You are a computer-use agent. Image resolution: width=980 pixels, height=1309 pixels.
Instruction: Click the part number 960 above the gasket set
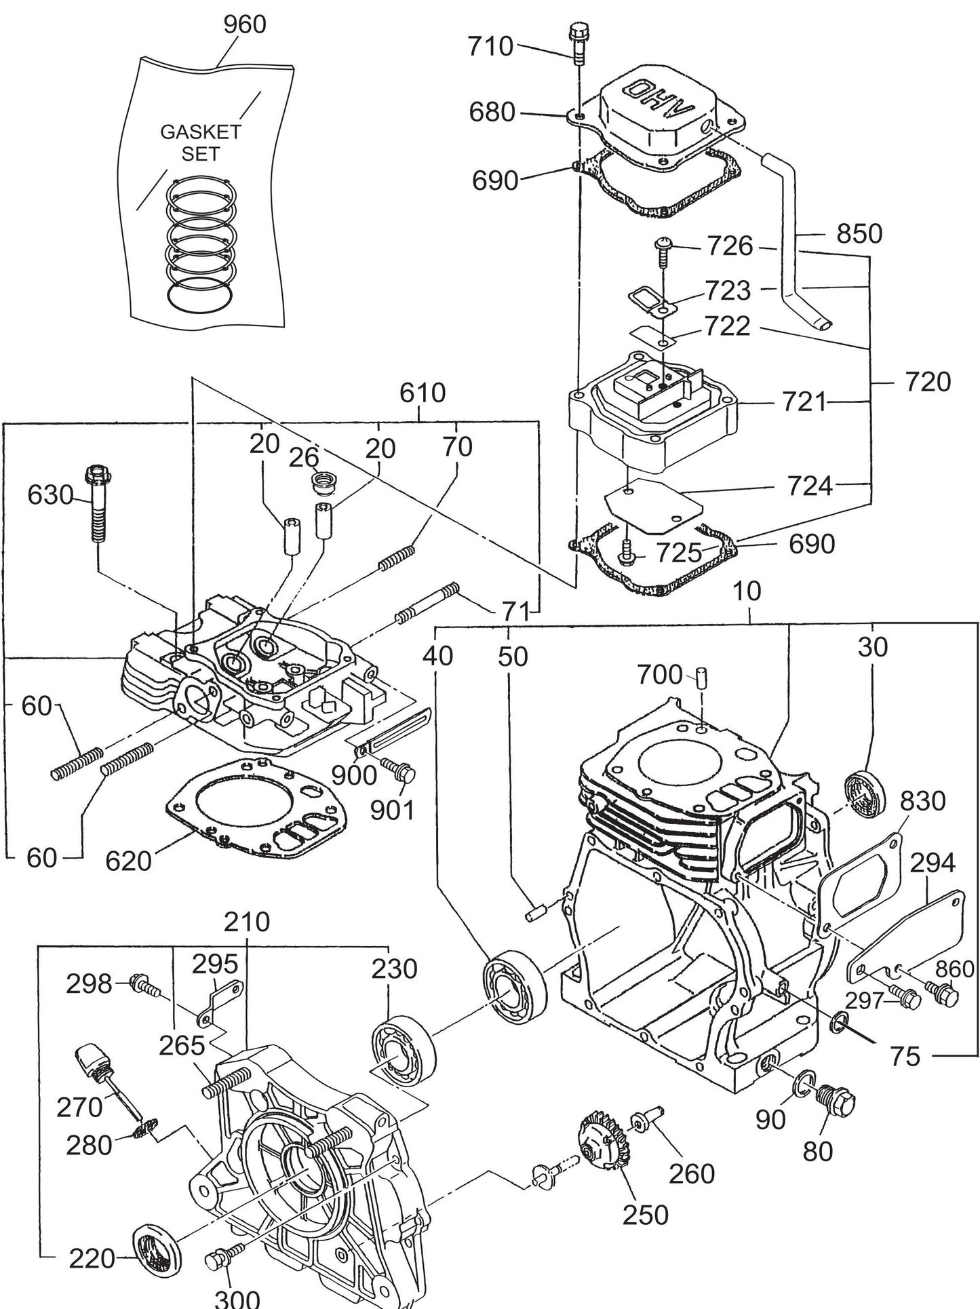[245, 24]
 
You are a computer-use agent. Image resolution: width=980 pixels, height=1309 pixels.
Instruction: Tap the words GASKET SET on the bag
[200, 142]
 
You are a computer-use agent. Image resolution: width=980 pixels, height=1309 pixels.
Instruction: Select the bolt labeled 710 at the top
[578, 41]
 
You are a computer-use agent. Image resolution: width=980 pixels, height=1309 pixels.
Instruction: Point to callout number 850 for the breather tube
[859, 233]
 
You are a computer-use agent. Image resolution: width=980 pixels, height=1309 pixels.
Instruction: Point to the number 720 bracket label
[928, 382]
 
